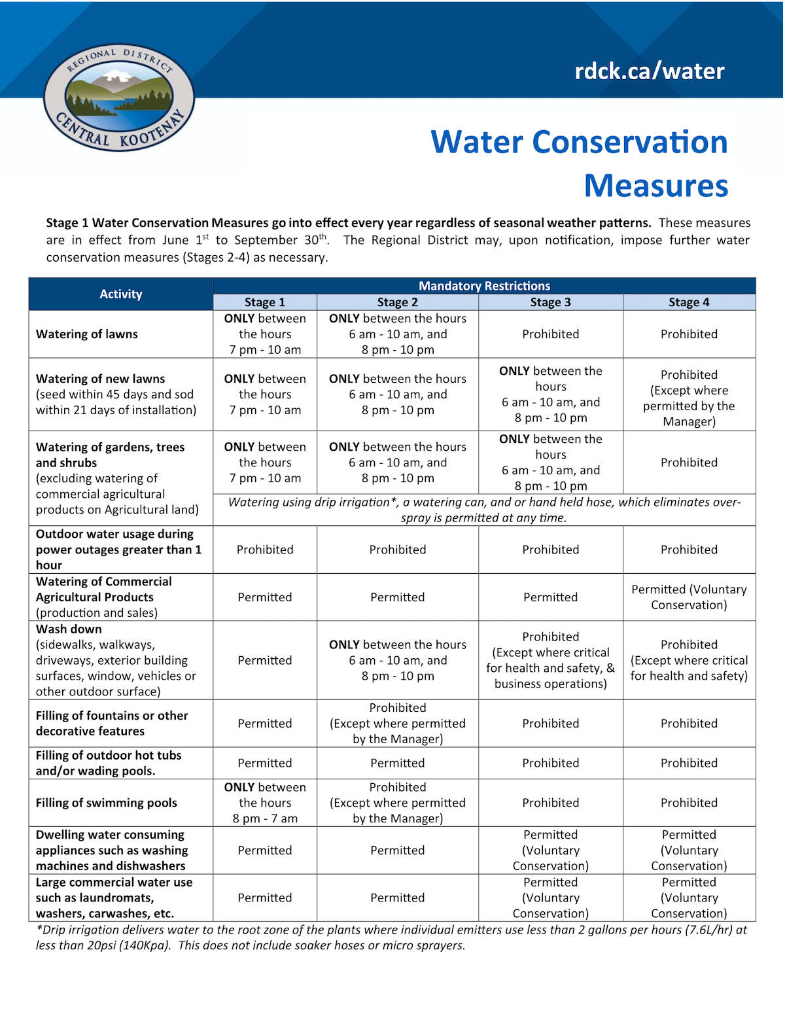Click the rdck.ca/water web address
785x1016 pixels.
649,71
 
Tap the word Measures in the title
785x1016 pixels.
655,186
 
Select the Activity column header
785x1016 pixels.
120,294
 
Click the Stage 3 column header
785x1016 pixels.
550,302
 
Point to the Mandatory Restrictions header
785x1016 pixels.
484,286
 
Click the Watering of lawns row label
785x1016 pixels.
87,334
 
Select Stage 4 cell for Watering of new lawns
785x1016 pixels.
689,398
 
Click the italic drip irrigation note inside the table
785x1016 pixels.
484,510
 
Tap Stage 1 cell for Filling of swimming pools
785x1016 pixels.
265,803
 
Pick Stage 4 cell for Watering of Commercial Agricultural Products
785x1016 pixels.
689,597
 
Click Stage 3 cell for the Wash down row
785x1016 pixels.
550,660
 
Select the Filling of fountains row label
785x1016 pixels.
111,724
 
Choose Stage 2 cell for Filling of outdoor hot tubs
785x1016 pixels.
397,763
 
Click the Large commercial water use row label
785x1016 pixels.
114,898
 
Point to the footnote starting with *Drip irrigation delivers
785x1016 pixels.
391,937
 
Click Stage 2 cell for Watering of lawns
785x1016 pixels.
397,334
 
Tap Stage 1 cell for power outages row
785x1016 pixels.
265,550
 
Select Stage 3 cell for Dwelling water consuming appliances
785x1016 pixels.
550,850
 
